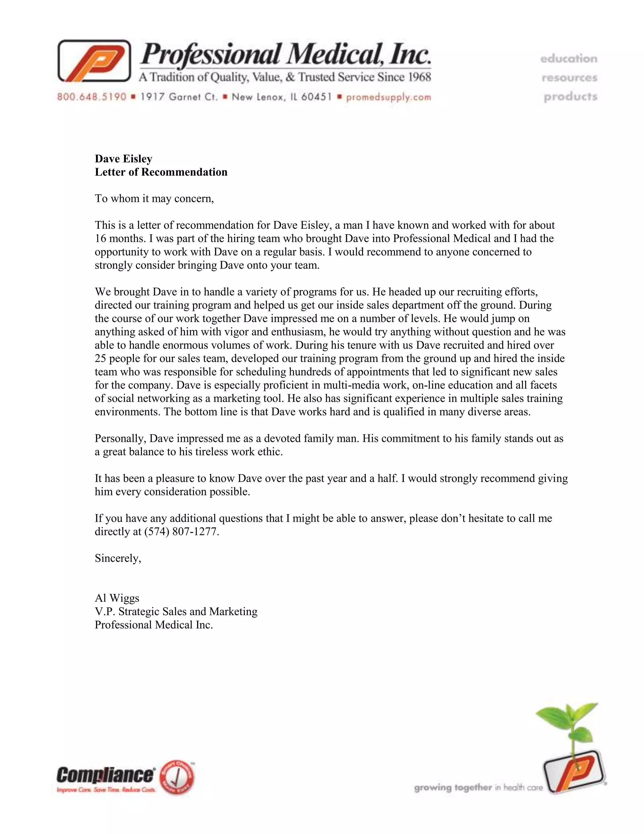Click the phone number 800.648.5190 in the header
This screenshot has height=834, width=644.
92,97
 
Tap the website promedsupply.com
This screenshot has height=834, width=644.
388,97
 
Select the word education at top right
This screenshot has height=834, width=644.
569,59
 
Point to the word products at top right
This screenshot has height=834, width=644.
570,97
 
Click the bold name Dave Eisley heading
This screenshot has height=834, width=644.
123,159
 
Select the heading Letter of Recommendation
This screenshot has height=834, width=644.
161,172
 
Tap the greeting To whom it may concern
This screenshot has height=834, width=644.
154,199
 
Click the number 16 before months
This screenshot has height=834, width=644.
100,239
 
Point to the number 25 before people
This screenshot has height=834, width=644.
100,358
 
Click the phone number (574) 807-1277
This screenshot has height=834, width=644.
181,532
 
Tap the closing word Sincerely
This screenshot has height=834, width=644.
118,558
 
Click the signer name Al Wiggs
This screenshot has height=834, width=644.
117,598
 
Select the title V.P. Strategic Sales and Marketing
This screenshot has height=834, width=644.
176,612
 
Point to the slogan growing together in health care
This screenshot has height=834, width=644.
478,787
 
